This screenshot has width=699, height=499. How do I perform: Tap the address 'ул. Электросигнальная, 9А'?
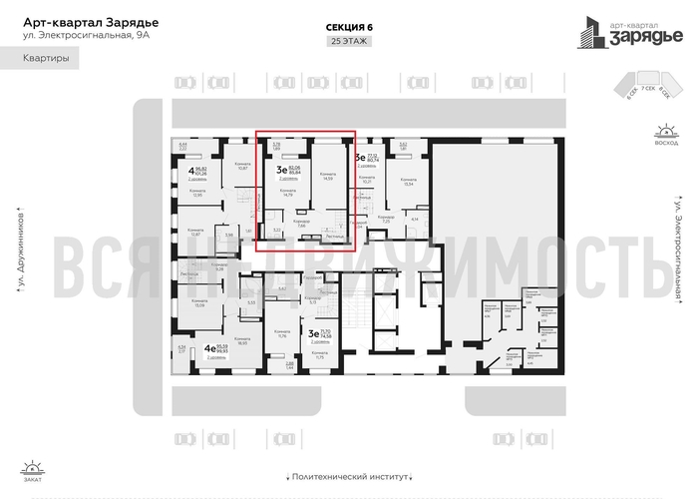[x=79, y=37]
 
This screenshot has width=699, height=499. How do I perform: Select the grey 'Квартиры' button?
[x=46, y=60]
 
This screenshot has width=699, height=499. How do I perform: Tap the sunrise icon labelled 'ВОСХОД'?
[x=662, y=135]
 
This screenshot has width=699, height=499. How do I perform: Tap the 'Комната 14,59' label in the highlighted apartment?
[x=326, y=176]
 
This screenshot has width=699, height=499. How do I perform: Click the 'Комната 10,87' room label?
[x=240, y=165]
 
